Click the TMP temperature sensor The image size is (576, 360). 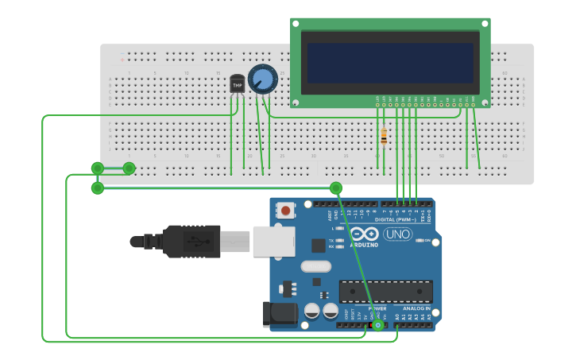(237, 83)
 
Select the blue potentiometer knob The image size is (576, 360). (261, 79)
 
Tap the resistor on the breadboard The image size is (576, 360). (384, 137)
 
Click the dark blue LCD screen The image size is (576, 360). (390, 63)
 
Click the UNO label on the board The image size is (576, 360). (397, 234)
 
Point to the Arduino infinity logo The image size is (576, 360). (365, 234)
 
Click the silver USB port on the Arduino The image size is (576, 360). (273, 241)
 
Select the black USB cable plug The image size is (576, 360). (191, 241)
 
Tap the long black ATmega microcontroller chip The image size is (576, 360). (386, 291)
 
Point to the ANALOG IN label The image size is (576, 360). (416, 308)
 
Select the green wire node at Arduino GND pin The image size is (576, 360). (378, 325)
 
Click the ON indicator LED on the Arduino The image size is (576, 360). (419, 240)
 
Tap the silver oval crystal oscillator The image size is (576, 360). (315, 266)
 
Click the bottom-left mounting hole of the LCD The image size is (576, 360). (296, 103)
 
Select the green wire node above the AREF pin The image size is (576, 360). (336, 188)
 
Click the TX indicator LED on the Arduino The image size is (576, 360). (339, 239)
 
